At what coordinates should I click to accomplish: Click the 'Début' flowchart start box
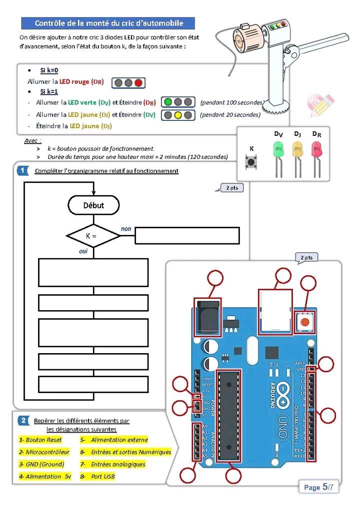(x=93, y=205)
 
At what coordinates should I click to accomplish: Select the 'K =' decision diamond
(x=93, y=235)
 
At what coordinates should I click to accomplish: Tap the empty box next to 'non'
(x=187, y=235)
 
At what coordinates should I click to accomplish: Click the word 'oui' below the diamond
(x=83, y=251)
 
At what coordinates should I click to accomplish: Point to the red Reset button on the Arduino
(x=304, y=322)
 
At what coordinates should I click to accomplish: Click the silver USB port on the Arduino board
(x=275, y=311)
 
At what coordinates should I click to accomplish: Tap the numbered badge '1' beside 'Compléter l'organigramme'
(x=23, y=171)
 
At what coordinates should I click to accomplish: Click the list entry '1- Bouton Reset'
(x=40, y=440)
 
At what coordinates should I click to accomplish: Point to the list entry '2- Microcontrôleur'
(x=44, y=452)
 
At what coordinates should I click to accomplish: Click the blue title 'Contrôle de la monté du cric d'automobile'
(x=108, y=23)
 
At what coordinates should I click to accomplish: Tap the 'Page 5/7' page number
(x=318, y=487)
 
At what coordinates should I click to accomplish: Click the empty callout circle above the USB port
(x=283, y=275)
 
